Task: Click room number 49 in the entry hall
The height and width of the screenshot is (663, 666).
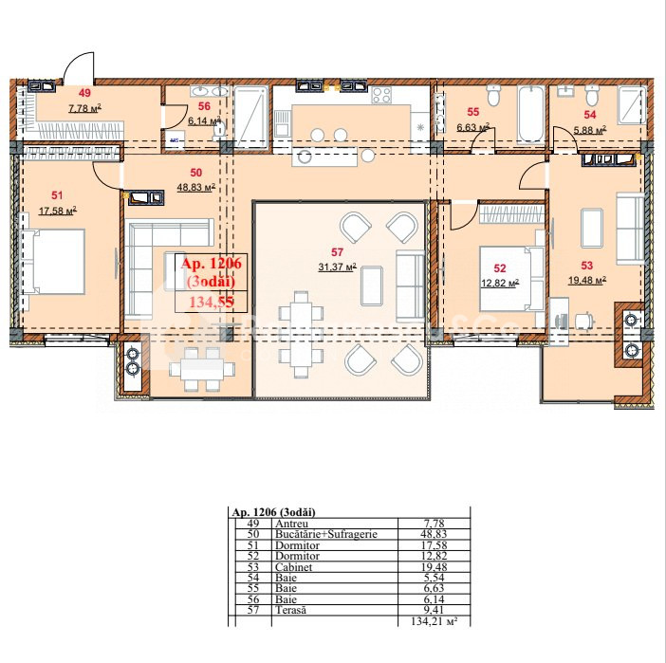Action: tap(85, 93)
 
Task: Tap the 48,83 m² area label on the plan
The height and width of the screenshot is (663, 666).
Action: tap(196, 187)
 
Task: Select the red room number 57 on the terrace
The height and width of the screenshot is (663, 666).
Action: tap(337, 252)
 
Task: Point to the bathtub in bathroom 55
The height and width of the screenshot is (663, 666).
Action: tap(531, 114)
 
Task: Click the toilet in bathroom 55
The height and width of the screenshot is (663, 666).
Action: tap(493, 95)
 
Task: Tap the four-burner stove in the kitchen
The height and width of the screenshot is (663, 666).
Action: tap(381, 95)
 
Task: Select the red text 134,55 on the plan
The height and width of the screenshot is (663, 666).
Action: tap(212, 302)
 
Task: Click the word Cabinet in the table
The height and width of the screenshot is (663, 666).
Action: tap(293, 567)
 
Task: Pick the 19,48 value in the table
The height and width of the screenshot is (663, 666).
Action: tap(433, 567)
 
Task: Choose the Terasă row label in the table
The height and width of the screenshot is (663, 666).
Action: tap(290, 610)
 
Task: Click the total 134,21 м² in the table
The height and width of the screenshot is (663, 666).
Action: tap(435, 621)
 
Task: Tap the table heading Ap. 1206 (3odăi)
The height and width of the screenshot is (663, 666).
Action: tap(274, 512)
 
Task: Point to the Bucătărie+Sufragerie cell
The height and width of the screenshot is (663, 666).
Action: tap(326, 534)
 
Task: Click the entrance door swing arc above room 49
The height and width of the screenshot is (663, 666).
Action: tap(77, 64)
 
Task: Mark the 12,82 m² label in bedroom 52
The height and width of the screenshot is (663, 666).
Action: tap(500, 283)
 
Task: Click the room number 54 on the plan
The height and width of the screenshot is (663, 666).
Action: tap(589, 115)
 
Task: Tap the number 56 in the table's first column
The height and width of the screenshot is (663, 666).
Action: tap(253, 599)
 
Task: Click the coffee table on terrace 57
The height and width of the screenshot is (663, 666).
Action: tap(372, 285)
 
